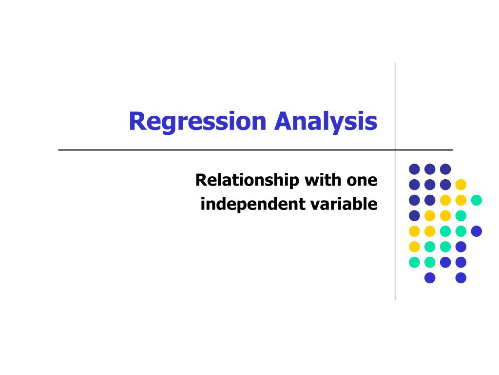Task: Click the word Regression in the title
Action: [197, 122]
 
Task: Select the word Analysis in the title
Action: [326, 122]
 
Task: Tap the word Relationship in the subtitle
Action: [247, 181]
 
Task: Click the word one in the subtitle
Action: [362, 181]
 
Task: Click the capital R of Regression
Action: [137, 121]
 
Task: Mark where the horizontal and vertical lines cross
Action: [395, 149]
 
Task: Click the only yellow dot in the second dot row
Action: [461, 185]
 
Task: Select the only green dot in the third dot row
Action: [477, 200]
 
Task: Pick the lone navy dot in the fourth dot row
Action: [414, 216]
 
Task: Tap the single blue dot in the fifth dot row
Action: [477, 231]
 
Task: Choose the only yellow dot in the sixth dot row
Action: [414, 247]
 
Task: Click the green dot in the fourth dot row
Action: [461, 216]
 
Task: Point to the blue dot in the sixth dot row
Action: [461, 247]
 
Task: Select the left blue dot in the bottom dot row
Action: [430, 278]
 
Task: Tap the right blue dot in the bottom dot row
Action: [461, 278]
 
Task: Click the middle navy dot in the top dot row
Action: [430, 169]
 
